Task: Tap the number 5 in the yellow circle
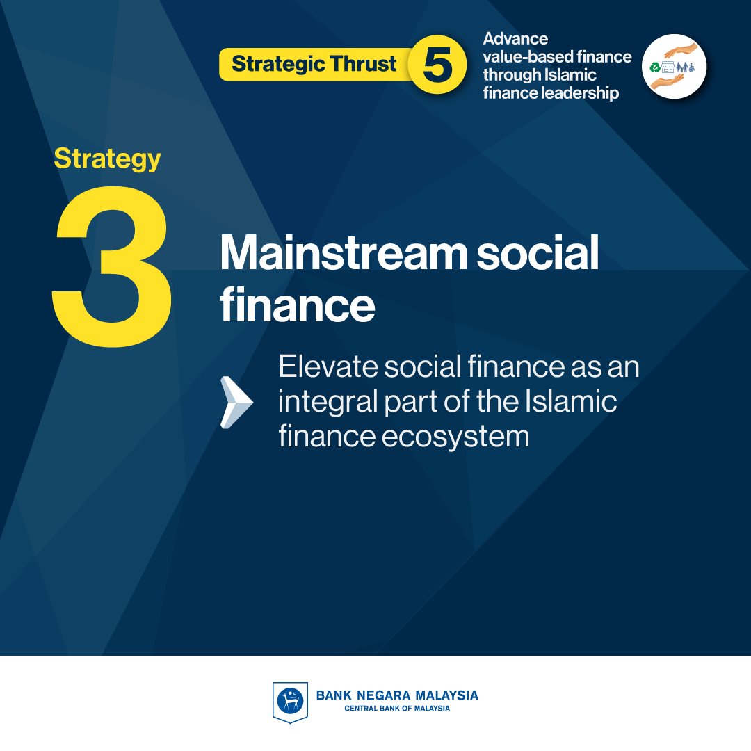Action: click(x=438, y=64)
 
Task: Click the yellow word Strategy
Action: click(x=107, y=159)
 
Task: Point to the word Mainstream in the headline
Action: click(x=344, y=252)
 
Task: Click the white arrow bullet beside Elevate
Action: click(x=236, y=402)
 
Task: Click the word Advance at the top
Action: click(x=515, y=38)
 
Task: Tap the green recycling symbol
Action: click(x=654, y=67)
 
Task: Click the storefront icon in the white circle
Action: click(x=668, y=67)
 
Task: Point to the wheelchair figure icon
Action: click(x=692, y=67)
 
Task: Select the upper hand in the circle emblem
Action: click(x=680, y=50)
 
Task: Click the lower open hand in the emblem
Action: click(x=667, y=82)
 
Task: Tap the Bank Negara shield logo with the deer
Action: click(x=290, y=702)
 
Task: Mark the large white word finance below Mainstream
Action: click(x=298, y=305)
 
